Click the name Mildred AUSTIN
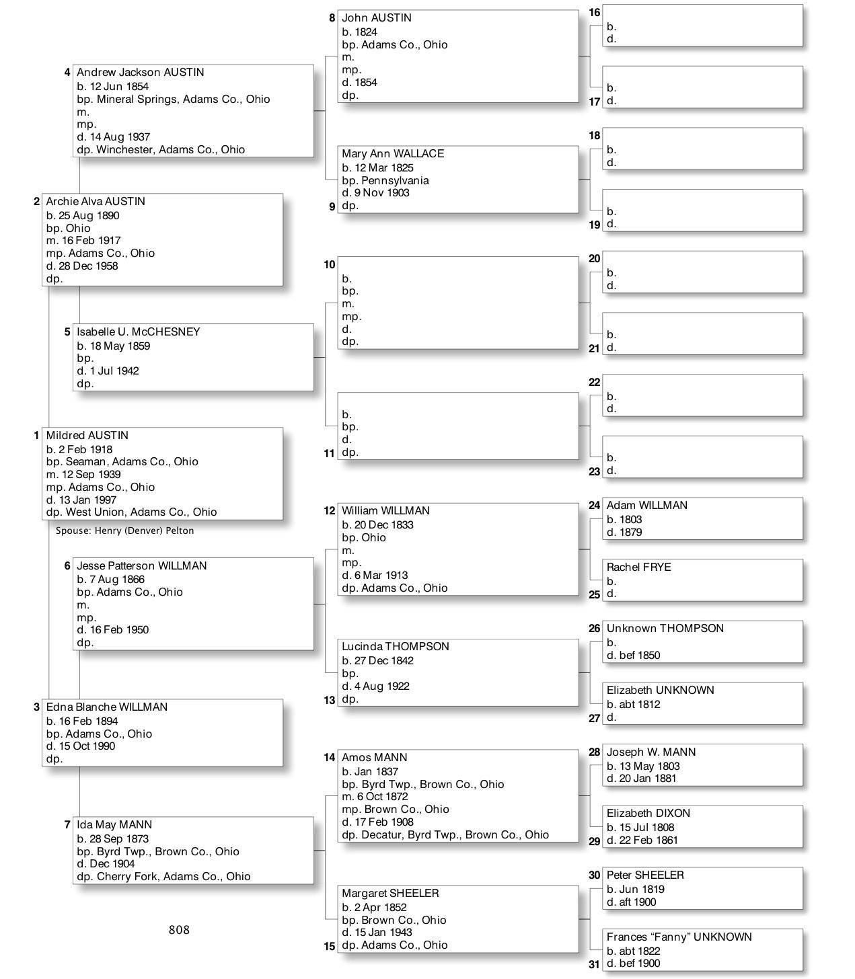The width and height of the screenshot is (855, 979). [87, 436]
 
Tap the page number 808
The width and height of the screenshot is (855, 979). [179, 930]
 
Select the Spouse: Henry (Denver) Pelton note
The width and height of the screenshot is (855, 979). [124, 531]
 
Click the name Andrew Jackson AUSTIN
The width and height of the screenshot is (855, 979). [140, 73]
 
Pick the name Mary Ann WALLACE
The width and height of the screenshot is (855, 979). [393, 154]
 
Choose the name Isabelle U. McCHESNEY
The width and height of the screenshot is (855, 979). [138, 332]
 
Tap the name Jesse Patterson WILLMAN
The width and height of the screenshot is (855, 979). [141, 566]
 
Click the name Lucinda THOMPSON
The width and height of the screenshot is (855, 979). [395, 647]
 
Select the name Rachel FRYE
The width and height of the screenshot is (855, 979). [638, 567]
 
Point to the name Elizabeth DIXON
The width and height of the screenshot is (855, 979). [648, 814]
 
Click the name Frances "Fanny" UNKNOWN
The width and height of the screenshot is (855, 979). [679, 937]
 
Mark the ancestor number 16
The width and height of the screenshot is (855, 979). [594, 13]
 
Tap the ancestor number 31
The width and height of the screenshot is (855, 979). [594, 964]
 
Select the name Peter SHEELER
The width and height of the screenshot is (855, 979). [644, 875]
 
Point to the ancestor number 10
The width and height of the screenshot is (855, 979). [329, 265]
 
